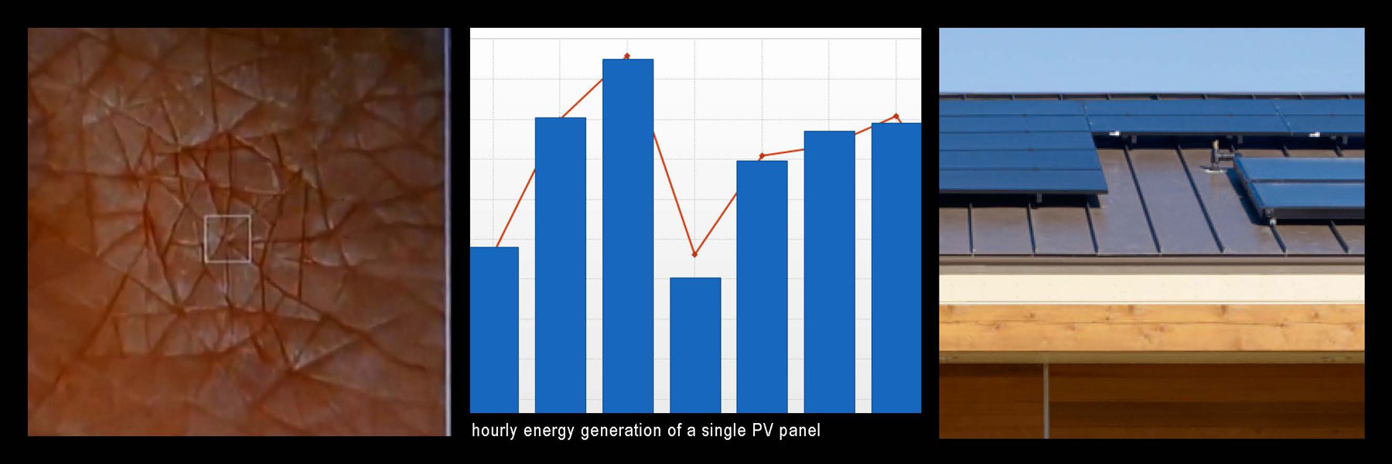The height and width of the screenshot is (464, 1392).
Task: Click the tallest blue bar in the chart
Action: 628,232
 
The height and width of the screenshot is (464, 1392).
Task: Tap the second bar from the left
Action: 560,263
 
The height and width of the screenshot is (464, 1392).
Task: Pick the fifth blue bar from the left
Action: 762,286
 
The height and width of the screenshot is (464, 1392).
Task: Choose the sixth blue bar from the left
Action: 829,271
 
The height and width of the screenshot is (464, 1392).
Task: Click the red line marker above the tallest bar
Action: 626,56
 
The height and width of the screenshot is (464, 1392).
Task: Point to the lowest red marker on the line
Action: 694,254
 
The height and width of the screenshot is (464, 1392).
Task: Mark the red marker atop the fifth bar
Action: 762,156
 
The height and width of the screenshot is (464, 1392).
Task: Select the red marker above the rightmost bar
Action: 896,116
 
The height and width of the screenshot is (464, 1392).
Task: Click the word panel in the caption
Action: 800,431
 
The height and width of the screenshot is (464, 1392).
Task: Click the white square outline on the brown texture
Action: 227,239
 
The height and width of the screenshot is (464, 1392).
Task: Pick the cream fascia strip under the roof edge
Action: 1151,288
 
